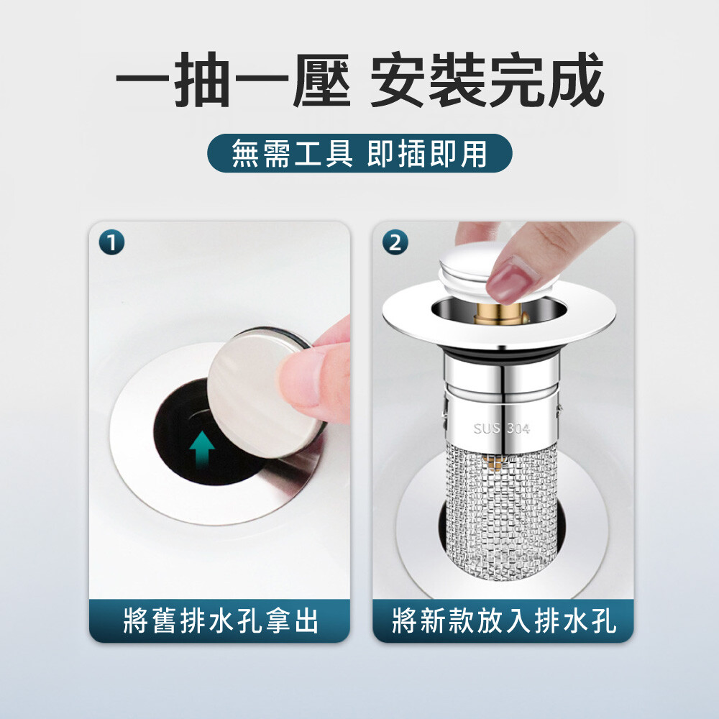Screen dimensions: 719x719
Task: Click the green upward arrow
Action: pyautogui.click(x=202, y=449)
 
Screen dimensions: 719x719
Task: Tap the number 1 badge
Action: pyautogui.click(x=111, y=242)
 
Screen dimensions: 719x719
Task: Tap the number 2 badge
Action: pyautogui.click(x=395, y=242)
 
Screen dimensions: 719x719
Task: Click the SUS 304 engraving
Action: pyautogui.click(x=502, y=429)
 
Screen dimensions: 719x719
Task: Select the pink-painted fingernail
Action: pyautogui.click(x=511, y=280)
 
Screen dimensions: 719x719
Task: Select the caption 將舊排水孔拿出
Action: pyautogui.click(x=221, y=621)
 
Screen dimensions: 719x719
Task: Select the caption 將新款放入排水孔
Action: pyautogui.click(x=503, y=621)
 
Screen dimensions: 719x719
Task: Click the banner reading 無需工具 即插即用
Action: pyautogui.click(x=359, y=153)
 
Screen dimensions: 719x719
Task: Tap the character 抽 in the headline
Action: pyautogui.click(x=202, y=81)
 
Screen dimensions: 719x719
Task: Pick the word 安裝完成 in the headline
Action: pyautogui.click(x=487, y=81)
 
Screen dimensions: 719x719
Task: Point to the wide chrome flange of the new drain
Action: pyautogui.click(x=500, y=316)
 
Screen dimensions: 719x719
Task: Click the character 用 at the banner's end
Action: pyautogui.click(x=473, y=154)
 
